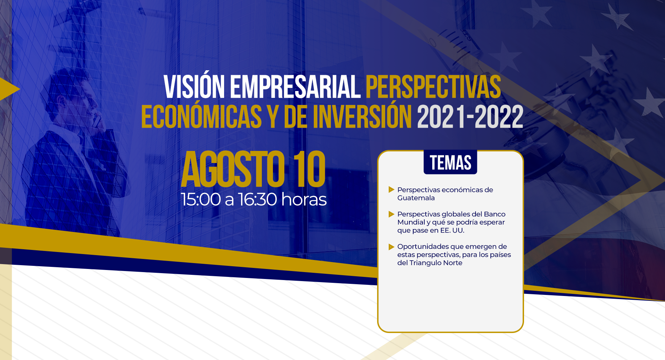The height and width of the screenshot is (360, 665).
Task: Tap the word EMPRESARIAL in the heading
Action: (x=295, y=87)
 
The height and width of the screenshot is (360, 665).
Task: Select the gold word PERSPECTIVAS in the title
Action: (x=433, y=87)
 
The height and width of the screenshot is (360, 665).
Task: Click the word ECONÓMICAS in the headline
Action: (x=201, y=117)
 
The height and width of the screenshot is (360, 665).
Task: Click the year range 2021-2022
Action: (x=470, y=117)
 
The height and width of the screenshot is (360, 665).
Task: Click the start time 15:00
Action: (x=201, y=199)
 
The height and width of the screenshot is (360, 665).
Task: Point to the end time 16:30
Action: (x=257, y=199)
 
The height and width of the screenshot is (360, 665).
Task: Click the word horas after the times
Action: (x=304, y=199)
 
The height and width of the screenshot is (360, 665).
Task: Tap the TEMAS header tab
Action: (x=450, y=162)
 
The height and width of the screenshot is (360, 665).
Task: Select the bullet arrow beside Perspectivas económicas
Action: (x=391, y=189)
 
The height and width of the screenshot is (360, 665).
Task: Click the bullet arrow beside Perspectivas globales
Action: (x=391, y=214)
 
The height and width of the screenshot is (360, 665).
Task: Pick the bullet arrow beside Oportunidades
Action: (x=391, y=246)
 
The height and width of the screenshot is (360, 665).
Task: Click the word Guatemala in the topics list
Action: (x=416, y=198)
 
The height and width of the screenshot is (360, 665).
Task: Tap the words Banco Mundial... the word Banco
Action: (x=495, y=214)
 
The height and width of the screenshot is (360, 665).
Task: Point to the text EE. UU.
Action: (x=452, y=231)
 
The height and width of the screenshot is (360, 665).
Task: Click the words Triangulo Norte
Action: (x=436, y=263)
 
